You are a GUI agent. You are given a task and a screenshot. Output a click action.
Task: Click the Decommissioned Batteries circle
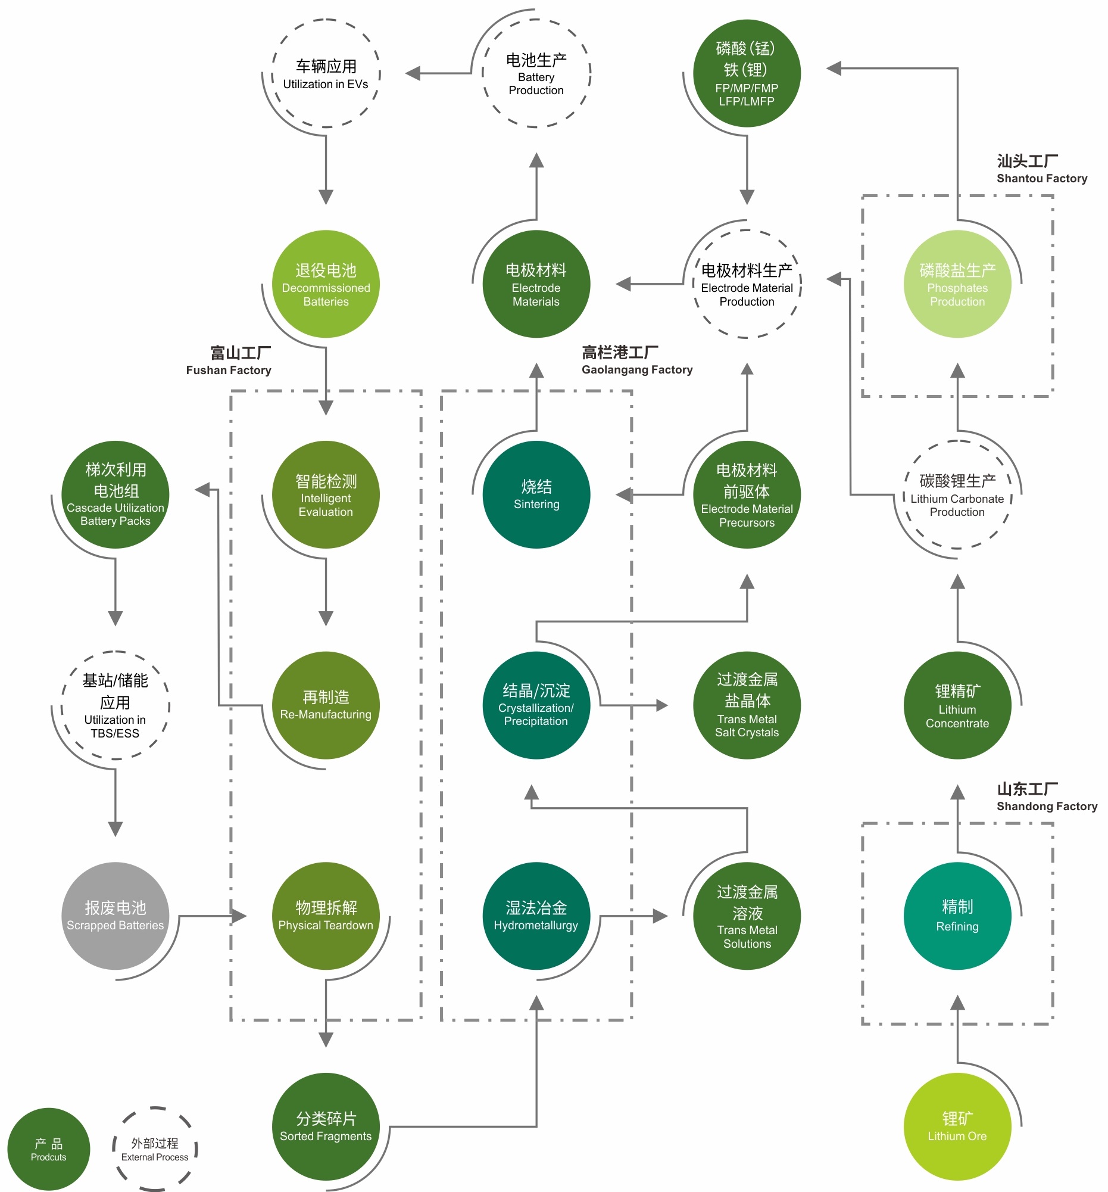pos(326,284)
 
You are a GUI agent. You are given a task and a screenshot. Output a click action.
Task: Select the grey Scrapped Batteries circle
pos(115,916)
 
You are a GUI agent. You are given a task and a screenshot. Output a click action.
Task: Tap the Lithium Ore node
pos(957,1126)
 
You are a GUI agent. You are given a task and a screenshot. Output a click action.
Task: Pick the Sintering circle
pos(536,494)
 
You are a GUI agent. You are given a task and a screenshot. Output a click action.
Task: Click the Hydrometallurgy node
pos(536,916)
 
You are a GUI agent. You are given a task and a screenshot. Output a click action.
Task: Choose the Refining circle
pos(957,916)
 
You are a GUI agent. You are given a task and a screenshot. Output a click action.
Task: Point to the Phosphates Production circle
pos(957,284)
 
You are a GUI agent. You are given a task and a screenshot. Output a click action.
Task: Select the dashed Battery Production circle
pos(536,74)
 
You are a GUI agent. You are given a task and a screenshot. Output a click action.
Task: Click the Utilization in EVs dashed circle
pos(326,74)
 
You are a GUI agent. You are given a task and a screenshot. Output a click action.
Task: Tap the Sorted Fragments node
pos(326,1126)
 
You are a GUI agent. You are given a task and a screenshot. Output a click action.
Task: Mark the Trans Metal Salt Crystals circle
pos(747,705)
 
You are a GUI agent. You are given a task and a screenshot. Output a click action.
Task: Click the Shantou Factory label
pos(1041,170)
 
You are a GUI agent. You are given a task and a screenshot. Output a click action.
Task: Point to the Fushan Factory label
pos(229,361)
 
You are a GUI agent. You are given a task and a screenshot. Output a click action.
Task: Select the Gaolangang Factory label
pos(636,361)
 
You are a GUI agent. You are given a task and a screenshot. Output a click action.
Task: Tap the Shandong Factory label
pos(1046,798)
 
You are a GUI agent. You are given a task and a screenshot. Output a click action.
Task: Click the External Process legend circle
pos(155,1149)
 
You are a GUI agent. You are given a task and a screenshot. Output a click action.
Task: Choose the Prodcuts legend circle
pos(49,1149)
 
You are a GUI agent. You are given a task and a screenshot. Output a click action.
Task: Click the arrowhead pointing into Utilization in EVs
pos(412,74)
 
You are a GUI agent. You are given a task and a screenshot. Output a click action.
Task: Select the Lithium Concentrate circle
pos(957,705)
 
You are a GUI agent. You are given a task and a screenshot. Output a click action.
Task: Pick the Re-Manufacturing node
pos(326,705)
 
